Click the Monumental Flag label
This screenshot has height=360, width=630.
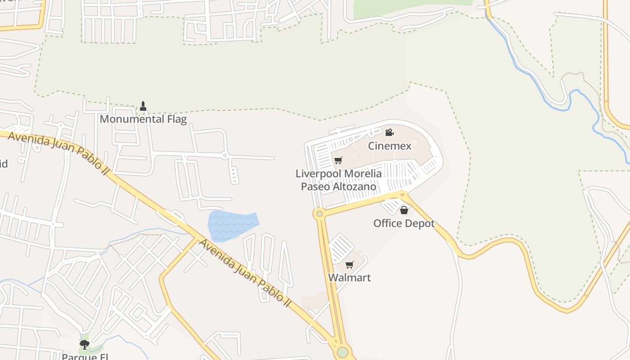143,119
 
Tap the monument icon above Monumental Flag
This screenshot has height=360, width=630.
143,106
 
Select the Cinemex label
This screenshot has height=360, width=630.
390,146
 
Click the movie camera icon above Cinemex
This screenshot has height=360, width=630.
390,132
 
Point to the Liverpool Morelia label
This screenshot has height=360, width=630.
338,174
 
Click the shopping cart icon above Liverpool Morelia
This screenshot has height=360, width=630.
338,160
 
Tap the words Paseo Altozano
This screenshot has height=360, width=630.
338,186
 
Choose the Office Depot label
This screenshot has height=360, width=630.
404,223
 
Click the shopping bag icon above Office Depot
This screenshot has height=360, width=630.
404,210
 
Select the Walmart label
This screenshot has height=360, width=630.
350,278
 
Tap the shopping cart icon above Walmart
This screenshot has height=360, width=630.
350,265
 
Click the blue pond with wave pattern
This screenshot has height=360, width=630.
233,225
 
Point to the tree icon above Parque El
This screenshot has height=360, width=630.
84,345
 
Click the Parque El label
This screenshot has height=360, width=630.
85,357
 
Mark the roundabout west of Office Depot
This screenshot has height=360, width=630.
319,214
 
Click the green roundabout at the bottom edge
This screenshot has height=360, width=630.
343,352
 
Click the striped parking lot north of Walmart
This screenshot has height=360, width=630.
342,247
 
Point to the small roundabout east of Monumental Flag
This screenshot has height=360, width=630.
225,156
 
